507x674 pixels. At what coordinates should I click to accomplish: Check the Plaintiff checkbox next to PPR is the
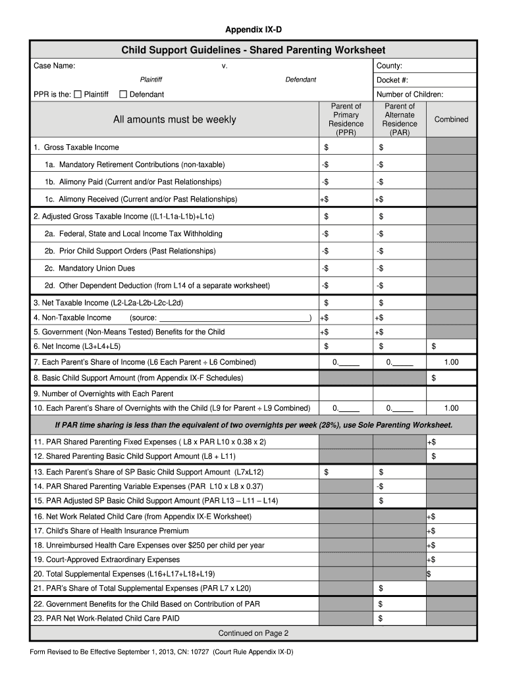78,95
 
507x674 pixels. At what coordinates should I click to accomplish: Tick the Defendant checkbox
123,95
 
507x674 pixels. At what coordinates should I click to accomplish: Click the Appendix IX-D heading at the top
254,30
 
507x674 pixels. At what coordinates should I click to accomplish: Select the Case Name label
55,66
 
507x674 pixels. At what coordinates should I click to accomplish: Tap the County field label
389,66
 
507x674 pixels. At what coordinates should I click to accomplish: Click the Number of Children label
410,95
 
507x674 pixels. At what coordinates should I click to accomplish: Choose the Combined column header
451,120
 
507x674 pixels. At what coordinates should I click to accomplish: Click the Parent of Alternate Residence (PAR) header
400,120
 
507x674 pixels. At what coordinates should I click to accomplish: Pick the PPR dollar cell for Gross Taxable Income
346,147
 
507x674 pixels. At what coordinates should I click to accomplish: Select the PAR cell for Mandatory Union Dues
400,269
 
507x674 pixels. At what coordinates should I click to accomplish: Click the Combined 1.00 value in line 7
451,363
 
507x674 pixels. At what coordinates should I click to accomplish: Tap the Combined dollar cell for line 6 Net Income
451,347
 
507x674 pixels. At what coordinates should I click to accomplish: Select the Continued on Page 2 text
254,634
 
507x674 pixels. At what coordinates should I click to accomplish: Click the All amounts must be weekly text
174,120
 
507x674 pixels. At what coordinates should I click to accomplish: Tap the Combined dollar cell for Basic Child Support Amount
451,378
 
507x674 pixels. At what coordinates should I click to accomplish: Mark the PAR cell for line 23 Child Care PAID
400,619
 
